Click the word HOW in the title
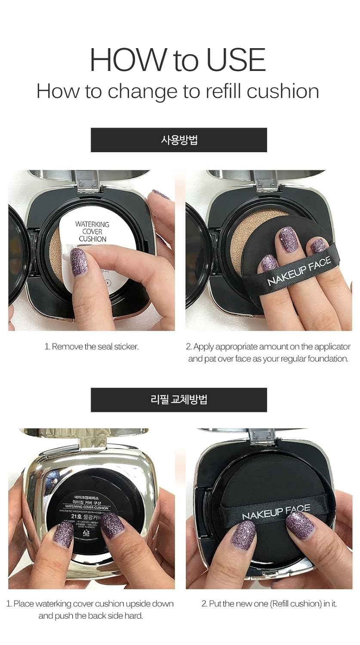[128, 60]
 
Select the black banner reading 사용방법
[178, 140]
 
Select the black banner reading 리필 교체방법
[178, 399]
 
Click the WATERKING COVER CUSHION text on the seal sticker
[92, 231]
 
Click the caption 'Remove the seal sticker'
[91, 347]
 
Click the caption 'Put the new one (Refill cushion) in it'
[269, 604]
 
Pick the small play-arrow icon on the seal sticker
[108, 283]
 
